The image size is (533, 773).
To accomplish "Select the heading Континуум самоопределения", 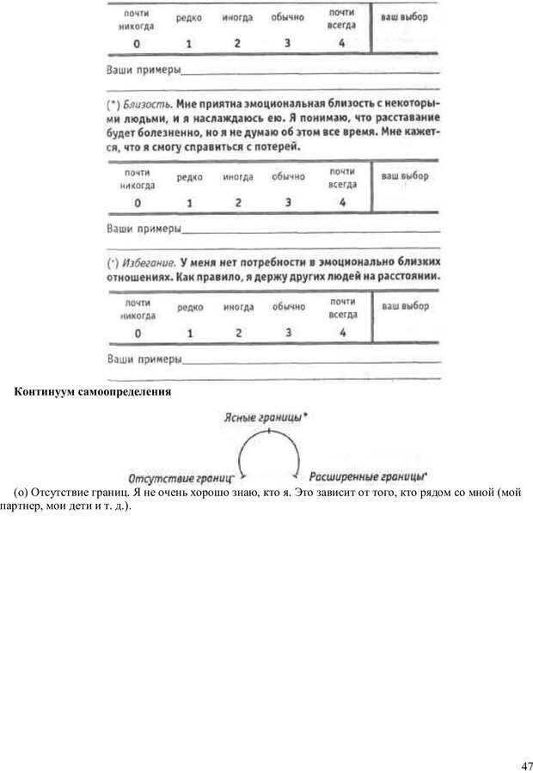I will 93,392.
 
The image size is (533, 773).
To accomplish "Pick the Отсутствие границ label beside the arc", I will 181,476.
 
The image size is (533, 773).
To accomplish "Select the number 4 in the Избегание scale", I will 341,332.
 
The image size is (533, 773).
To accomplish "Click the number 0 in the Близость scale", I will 138,203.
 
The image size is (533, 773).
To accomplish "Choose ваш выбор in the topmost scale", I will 404,17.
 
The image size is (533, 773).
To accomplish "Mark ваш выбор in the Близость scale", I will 404,176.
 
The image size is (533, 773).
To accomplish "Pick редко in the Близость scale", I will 190,177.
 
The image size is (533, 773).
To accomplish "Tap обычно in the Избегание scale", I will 288,307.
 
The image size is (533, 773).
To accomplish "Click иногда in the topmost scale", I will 238,18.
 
